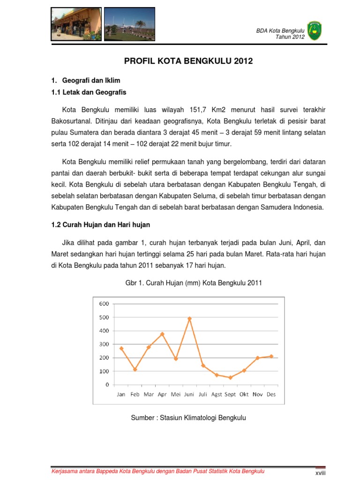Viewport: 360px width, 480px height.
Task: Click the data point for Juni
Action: point(189,319)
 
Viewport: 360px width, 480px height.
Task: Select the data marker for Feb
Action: point(135,369)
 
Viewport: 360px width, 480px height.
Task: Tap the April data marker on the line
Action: point(162,334)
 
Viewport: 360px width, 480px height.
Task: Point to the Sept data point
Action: point(230,377)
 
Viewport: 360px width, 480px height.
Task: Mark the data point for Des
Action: point(271,356)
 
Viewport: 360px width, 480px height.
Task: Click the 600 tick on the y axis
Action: point(104,303)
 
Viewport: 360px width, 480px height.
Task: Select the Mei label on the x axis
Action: point(176,394)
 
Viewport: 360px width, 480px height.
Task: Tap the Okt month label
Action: point(244,394)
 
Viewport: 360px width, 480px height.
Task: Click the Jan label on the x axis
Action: point(121,394)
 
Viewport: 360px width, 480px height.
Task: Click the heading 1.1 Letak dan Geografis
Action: point(89,92)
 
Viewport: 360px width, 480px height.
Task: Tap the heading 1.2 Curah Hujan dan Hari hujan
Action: point(100,225)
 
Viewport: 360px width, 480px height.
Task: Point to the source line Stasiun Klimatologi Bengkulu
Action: point(188,417)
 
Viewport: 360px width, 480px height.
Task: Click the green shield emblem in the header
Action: point(314,30)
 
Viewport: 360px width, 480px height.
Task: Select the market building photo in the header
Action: point(75,23)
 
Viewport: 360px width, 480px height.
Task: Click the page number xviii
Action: point(320,473)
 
